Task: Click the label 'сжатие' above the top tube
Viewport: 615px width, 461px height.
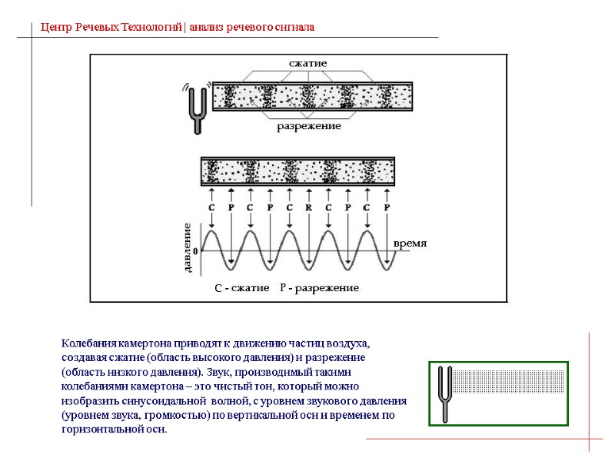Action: (308, 62)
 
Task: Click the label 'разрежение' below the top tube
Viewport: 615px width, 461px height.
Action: (308, 127)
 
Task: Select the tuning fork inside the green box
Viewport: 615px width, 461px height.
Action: (444, 394)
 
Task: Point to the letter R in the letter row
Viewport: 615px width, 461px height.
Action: (308, 207)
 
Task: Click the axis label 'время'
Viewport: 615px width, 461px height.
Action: (409, 243)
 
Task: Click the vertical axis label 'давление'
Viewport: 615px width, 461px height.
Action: (186, 247)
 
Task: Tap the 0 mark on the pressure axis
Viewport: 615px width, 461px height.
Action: (194, 250)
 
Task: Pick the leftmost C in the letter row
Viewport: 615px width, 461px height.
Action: (211, 207)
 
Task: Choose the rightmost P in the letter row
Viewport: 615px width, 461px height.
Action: (387, 207)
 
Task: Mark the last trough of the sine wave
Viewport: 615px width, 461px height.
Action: (387, 268)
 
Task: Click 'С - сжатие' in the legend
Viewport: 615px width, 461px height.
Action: (241, 288)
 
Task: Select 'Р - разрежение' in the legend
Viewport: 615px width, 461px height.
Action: (319, 288)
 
